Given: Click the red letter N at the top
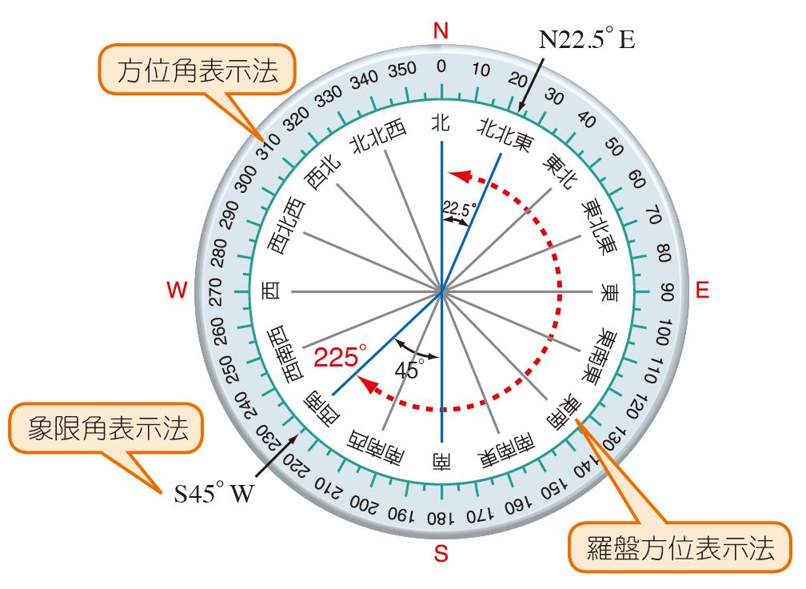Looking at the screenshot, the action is click(x=441, y=30).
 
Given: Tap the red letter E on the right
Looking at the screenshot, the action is click(x=702, y=290).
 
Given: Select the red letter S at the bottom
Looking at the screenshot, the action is click(x=441, y=552).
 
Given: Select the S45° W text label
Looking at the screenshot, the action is click(x=213, y=493).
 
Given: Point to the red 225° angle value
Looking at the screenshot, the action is click(x=340, y=356).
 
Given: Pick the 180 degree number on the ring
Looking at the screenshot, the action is click(x=440, y=517).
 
